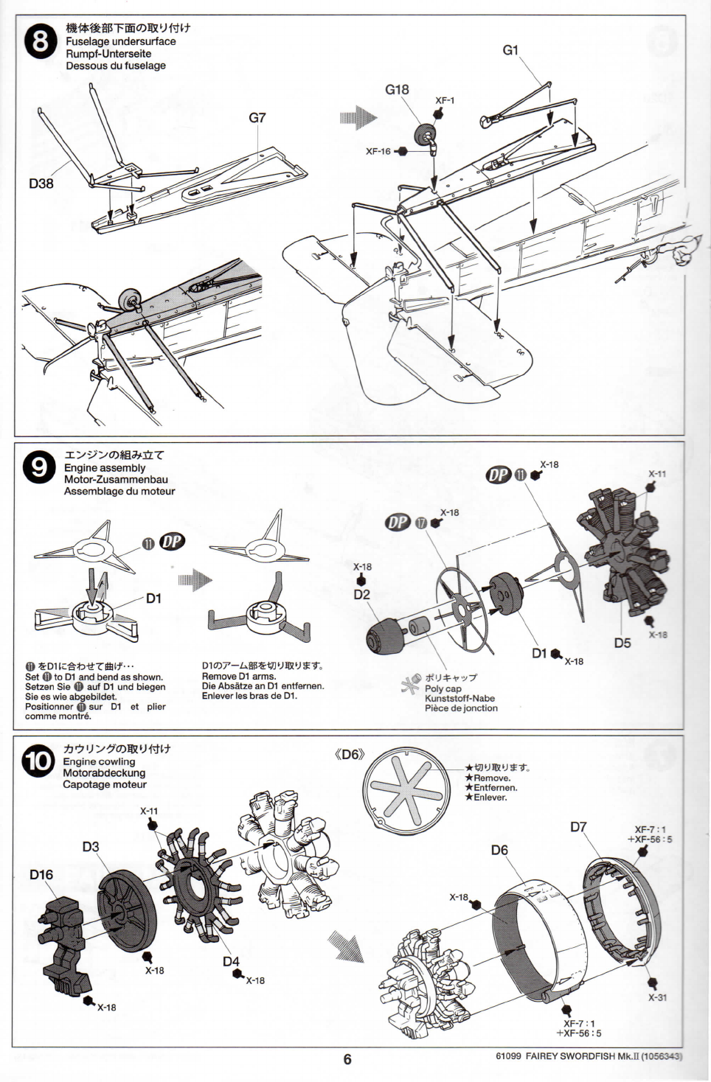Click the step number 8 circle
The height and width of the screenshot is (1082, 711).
(40, 41)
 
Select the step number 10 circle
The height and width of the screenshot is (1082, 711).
(38, 761)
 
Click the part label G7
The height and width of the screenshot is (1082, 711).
(257, 117)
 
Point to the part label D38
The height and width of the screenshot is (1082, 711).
(41, 184)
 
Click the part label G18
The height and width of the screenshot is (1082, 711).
(397, 89)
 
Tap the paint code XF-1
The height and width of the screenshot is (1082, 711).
(445, 100)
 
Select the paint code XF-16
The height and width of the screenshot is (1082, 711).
(378, 151)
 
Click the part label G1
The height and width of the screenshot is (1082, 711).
(510, 50)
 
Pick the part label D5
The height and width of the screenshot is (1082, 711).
(622, 643)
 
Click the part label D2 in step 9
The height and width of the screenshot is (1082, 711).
(362, 594)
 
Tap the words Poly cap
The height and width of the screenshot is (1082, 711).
(443, 689)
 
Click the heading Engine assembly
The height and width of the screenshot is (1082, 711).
(105, 467)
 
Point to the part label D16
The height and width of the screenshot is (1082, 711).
(41, 874)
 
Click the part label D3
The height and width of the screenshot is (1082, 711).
(91, 846)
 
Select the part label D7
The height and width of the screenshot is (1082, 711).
(578, 826)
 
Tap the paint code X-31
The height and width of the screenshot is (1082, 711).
(658, 997)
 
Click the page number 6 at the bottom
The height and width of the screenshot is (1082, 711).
(347, 1059)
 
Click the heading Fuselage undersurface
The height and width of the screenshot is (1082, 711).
(121, 41)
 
